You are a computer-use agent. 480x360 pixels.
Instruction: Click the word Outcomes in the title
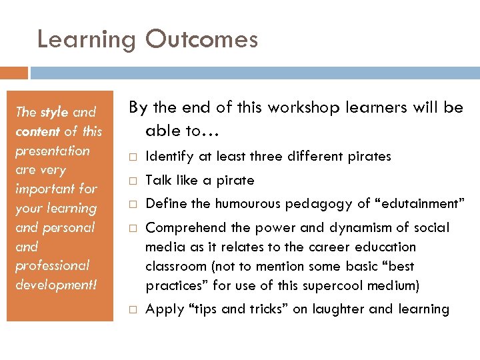click(x=201, y=39)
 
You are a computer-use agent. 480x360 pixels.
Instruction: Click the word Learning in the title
click(x=87, y=40)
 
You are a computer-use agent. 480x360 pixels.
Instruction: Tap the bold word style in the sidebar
click(x=54, y=112)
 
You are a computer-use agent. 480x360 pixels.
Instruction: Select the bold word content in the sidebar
click(x=37, y=131)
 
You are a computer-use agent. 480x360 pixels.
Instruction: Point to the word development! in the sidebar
click(x=56, y=285)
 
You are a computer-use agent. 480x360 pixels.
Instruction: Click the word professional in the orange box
click(x=52, y=265)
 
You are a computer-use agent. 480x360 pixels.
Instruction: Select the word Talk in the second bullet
click(x=157, y=180)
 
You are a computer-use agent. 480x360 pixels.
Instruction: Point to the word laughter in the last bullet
click(x=338, y=309)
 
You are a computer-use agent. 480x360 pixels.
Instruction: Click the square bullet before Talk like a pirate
click(x=133, y=181)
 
